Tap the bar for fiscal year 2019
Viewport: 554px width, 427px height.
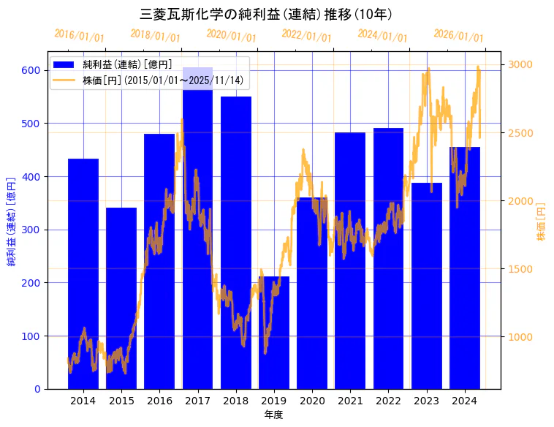click(273, 333)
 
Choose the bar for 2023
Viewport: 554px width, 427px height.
click(427, 286)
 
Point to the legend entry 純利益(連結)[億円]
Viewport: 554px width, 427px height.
click(127, 64)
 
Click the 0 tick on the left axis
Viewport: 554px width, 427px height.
click(38, 389)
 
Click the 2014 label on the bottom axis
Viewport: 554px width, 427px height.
click(83, 401)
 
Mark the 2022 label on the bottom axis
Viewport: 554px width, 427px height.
click(388, 401)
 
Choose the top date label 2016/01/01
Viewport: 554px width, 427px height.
click(79, 36)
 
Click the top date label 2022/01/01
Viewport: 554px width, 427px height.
click(306, 36)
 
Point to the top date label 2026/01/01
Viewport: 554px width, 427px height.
click(458, 36)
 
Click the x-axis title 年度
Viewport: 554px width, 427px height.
click(274, 415)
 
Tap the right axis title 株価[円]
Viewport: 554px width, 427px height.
click(542, 222)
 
